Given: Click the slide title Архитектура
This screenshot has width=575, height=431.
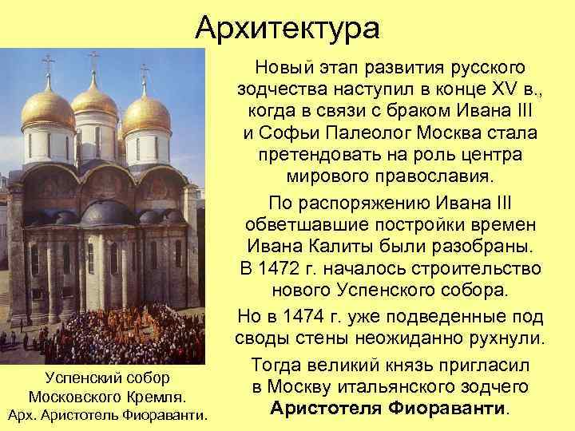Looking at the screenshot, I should pyautogui.click(x=287, y=30).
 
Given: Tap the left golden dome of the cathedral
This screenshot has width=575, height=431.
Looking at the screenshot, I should pyautogui.click(x=47, y=112).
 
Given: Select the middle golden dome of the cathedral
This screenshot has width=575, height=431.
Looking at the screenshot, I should pyautogui.click(x=95, y=100).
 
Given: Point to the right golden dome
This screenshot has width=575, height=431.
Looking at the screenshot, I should pyautogui.click(x=146, y=114).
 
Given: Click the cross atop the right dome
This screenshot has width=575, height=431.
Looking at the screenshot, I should pyautogui.click(x=145, y=73).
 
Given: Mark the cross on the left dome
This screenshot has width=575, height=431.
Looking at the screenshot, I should pyautogui.click(x=48, y=65).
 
